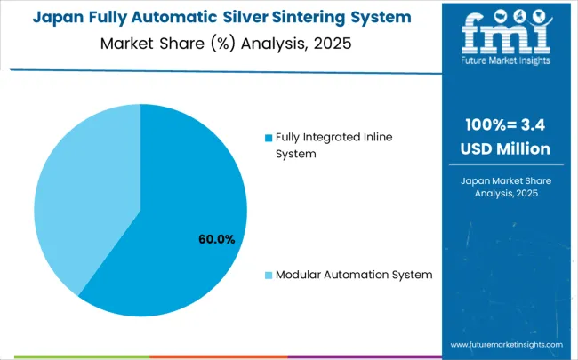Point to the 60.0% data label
click(x=216, y=239)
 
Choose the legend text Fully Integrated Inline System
click(x=333, y=145)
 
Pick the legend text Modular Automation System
click(x=354, y=275)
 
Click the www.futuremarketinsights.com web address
click(x=506, y=344)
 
